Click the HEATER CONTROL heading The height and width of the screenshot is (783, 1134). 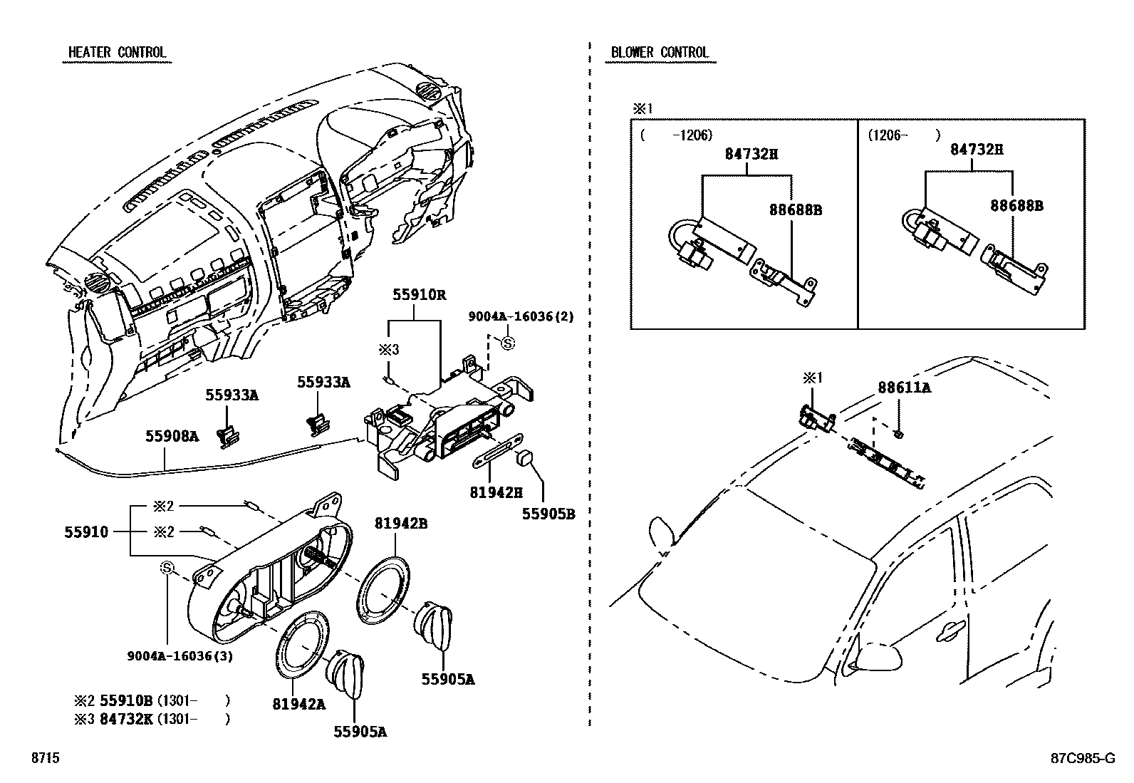[x=117, y=52]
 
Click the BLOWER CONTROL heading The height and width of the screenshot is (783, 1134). [x=660, y=52]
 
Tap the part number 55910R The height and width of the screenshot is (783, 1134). [x=419, y=295]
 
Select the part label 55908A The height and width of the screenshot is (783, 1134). [x=172, y=436]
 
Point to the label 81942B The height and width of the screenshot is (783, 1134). [x=401, y=523]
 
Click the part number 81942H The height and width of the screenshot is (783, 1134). [x=496, y=492]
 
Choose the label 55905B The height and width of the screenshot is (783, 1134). [x=548, y=514]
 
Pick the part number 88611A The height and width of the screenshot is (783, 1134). [x=904, y=388]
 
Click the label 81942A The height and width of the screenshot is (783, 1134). [x=298, y=704]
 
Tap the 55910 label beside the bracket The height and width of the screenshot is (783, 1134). [x=86, y=531]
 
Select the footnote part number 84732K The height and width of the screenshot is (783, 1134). [x=126, y=719]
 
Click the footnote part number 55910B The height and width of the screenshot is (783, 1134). [x=126, y=700]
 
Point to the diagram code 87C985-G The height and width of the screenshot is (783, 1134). [x=1083, y=757]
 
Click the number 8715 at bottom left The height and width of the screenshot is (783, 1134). [x=45, y=757]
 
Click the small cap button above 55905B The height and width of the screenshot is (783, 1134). [x=526, y=458]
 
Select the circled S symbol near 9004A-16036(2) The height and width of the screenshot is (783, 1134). [x=508, y=343]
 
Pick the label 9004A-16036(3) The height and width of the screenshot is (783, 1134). [x=180, y=656]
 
